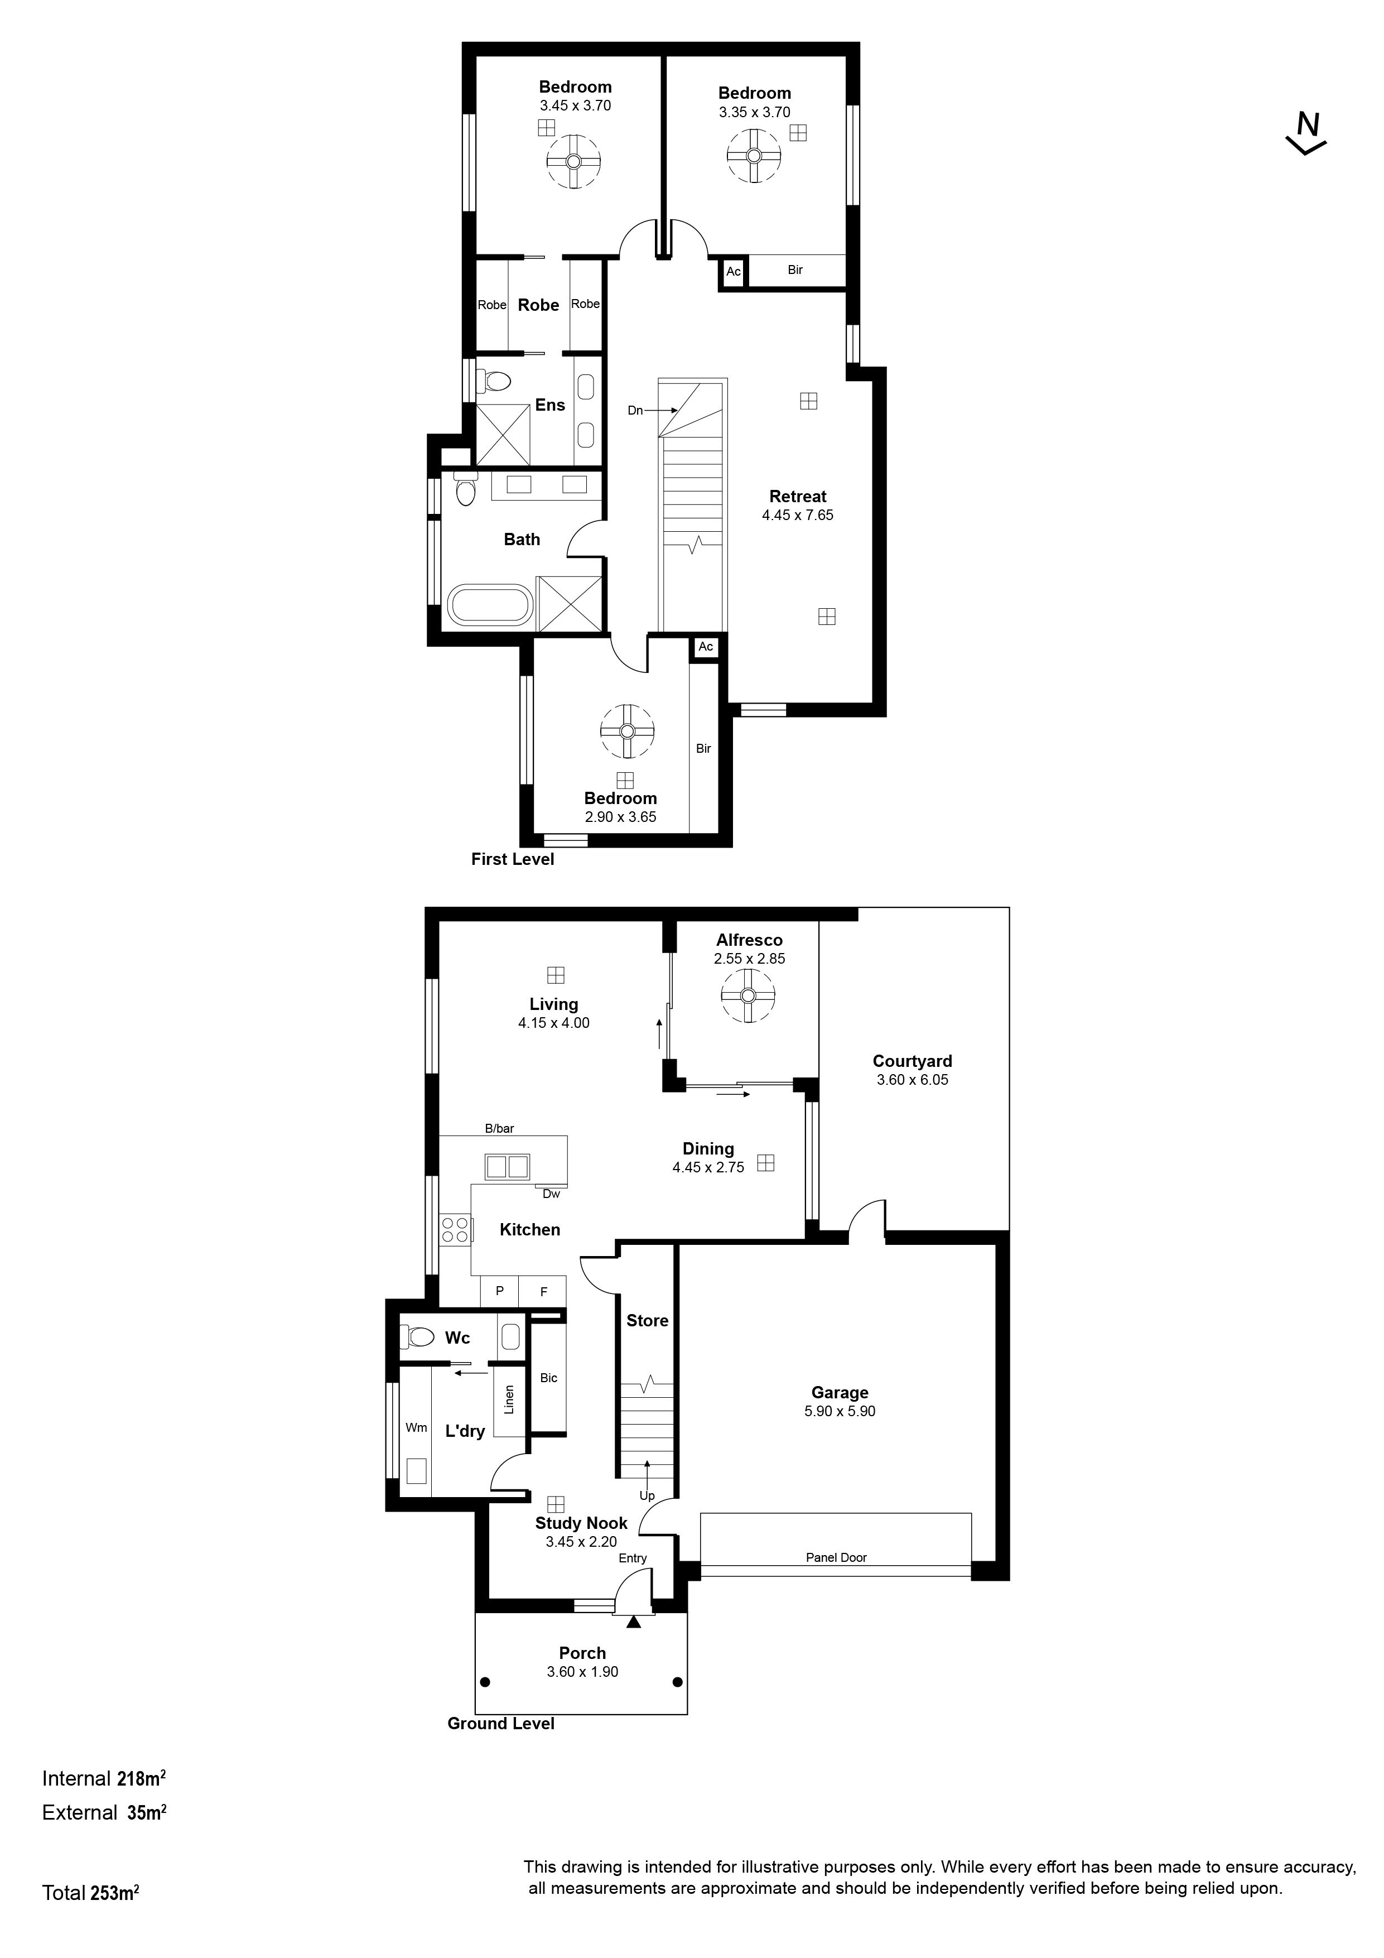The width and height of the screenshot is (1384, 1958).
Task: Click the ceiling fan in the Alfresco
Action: pos(748,996)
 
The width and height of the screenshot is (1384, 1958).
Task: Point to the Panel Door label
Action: pos(836,1557)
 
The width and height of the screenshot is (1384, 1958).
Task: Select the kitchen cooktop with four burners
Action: pos(455,1229)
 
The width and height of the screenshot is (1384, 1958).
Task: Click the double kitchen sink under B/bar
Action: pos(507,1166)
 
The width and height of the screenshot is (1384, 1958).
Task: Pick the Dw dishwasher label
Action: pos(551,1194)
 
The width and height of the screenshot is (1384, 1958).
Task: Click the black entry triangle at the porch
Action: pos(633,1621)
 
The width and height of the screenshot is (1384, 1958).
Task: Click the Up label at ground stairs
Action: pos(647,1496)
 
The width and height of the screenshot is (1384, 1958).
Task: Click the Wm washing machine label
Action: pos(416,1427)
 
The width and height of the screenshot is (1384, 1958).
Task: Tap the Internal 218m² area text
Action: pos(103,1779)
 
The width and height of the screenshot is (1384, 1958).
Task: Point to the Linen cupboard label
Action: pos(509,1399)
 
